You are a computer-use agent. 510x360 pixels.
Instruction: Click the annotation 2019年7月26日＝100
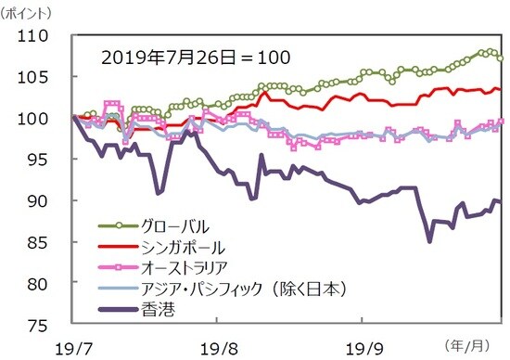(195, 57)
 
